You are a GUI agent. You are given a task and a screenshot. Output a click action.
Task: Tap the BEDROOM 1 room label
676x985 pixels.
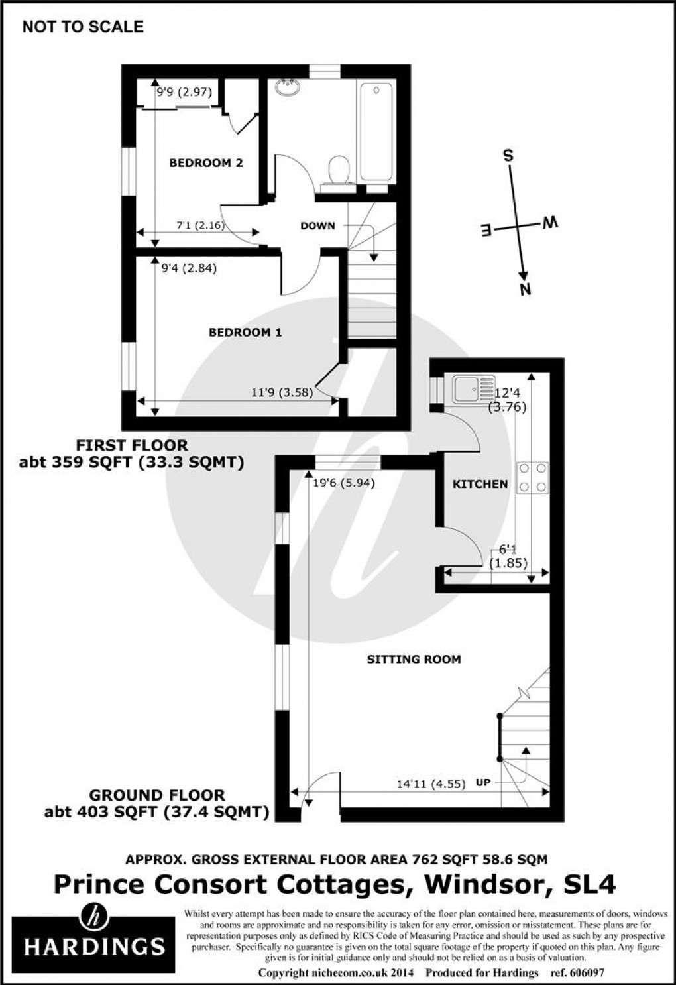[245, 333]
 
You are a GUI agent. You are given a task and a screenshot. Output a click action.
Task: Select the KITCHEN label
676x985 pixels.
[480, 485]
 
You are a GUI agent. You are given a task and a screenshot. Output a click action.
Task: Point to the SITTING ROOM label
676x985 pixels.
[414, 660]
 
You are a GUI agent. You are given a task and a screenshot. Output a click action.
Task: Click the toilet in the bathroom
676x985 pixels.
[339, 169]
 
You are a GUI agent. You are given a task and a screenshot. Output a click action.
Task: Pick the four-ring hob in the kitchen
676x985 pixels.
[534, 477]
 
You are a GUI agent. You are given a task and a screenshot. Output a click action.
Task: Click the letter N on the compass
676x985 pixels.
[526, 289]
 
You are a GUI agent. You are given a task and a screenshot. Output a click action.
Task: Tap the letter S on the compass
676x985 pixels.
[508, 156]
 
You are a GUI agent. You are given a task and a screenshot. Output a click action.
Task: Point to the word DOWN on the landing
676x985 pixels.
[317, 226]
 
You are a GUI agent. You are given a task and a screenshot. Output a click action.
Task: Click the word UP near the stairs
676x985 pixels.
[483, 783]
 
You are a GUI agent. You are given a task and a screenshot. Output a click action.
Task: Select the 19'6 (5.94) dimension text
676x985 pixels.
[343, 483]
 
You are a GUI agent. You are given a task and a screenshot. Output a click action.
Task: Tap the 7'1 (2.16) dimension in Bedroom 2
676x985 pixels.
[200, 225]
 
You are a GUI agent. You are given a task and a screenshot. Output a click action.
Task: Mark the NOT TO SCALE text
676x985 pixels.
[83, 27]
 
